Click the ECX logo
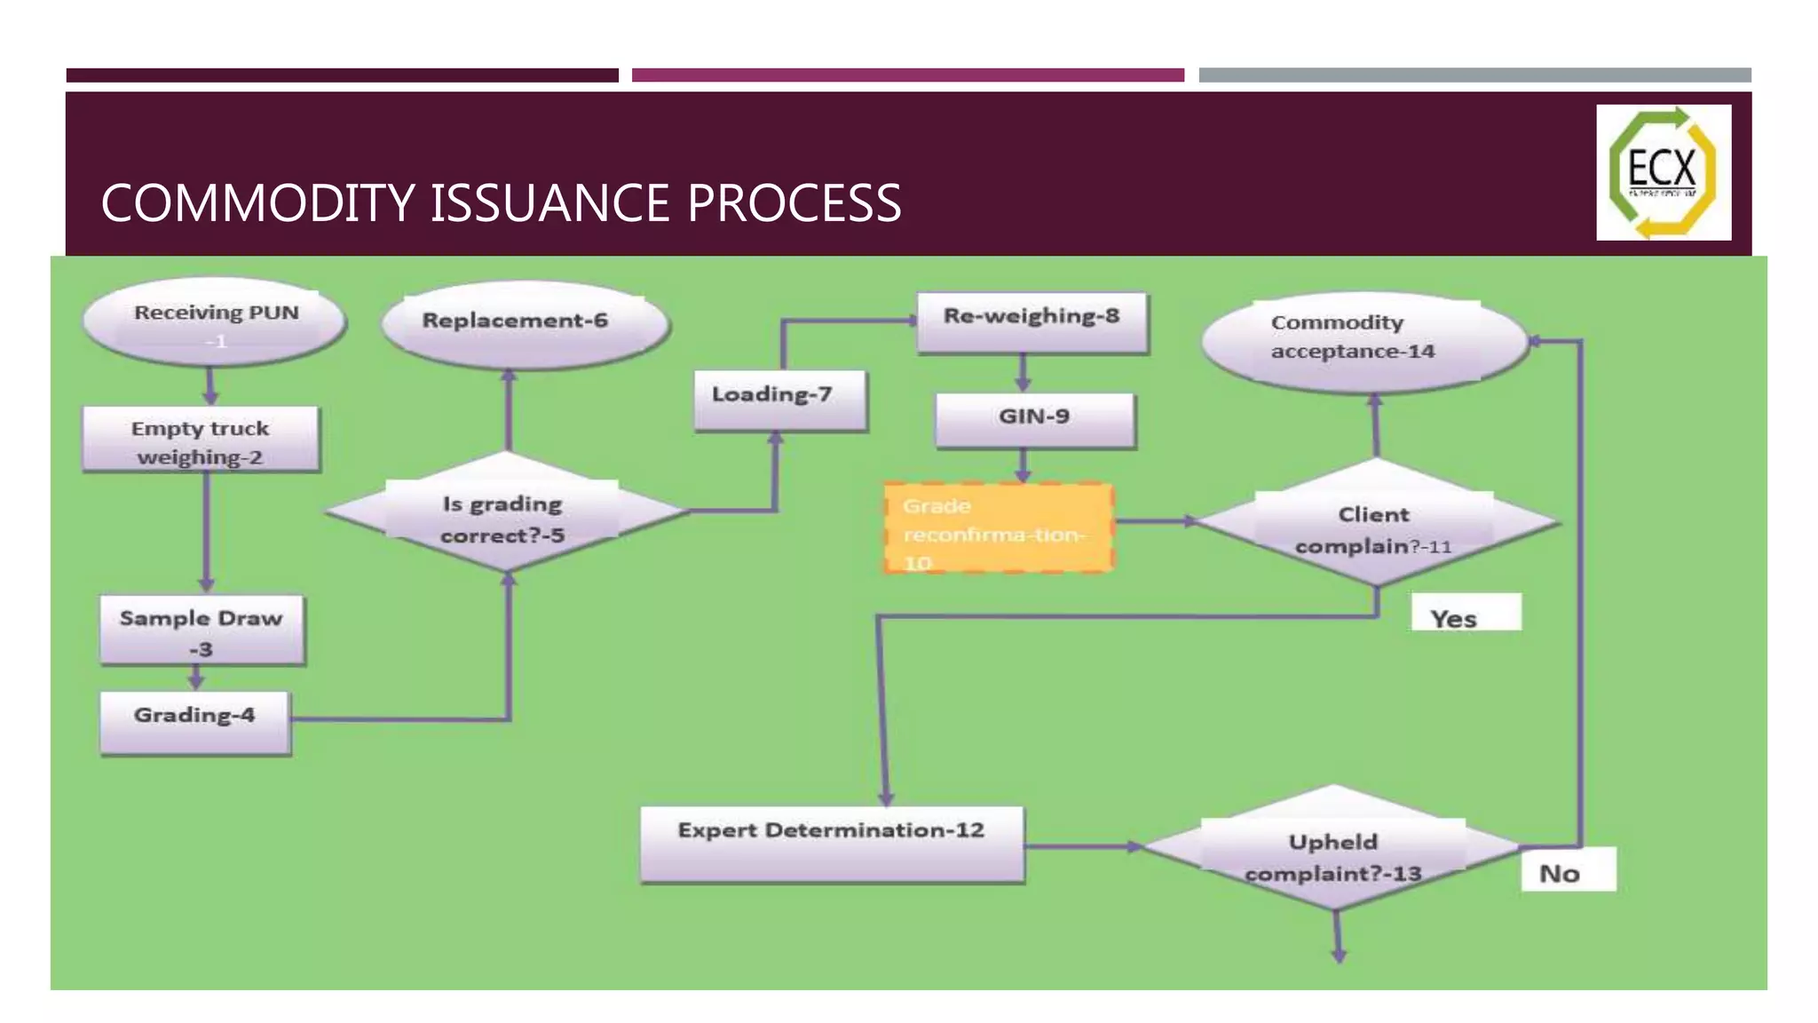[x=1663, y=172]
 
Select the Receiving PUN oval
[x=214, y=325]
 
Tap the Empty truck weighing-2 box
[x=201, y=440]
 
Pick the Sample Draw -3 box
[x=202, y=631]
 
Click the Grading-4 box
[x=195, y=721]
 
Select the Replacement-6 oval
[x=524, y=324]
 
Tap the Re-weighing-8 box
[x=1032, y=322]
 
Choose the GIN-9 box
[x=1034, y=420]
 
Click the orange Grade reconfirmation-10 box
[x=998, y=529]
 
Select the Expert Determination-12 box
[x=832, y=844]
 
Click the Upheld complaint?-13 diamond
[x=1333, y=850]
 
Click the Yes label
[x=1465, y=614]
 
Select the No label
[x=1567, y=870]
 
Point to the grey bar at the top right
[x=1474, y=75]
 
